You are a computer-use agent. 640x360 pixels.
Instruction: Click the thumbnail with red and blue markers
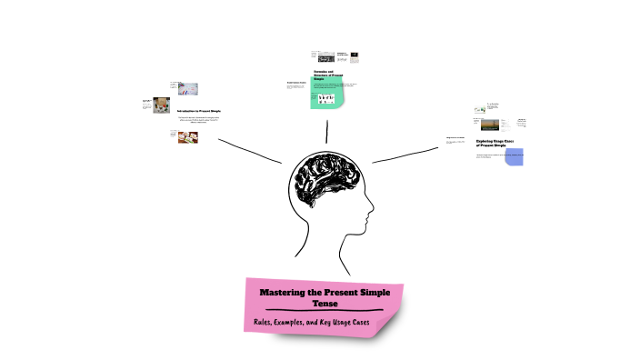pyautogui.click(x=188, y=89)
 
